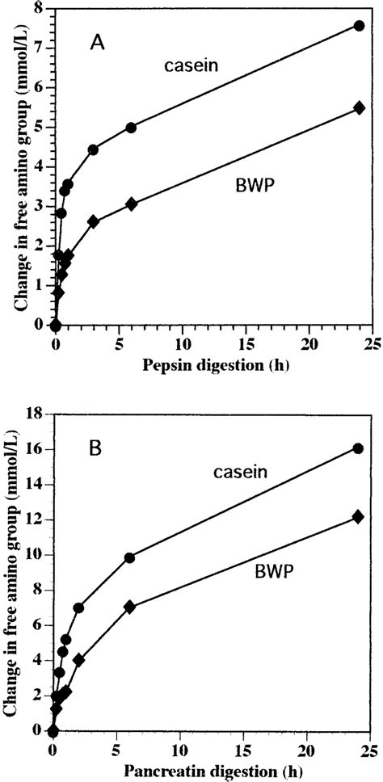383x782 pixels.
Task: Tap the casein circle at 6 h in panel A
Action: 131,128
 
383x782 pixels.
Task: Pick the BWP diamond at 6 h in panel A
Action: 131,204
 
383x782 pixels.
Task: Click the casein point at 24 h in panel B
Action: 358,448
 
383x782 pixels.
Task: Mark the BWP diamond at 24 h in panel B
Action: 359,517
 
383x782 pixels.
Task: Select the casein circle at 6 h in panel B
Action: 129,557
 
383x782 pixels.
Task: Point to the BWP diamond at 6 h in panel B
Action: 129,607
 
